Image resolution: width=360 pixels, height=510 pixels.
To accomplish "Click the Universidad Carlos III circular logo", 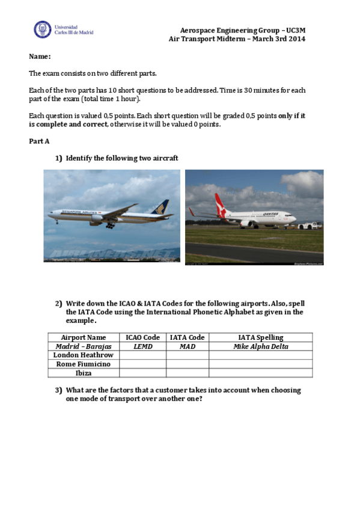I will (x=42, y=29).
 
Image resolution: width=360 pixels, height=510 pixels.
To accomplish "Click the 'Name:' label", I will (x=40, y=57).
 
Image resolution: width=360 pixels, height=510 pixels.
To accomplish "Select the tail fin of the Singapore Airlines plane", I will (x=160, y=208).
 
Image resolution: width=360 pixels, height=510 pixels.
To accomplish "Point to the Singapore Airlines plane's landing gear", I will (x=110, y=226).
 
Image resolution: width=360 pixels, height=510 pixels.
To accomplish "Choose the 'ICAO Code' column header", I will (x=142, y=337).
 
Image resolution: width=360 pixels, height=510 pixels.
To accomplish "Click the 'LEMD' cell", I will (x=142, y=346).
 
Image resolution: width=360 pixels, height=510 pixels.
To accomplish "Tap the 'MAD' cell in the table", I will (x=188, y=346).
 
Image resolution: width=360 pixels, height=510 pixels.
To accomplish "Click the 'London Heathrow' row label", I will (x=84, y=355).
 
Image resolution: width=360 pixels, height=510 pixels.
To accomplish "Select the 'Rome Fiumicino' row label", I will (x=84, y=364).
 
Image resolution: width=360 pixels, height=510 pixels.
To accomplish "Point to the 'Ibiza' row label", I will (x=84, y=373).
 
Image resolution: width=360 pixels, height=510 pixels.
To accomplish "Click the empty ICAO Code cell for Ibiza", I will (x=142, y=373).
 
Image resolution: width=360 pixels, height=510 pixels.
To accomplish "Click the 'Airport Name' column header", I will (x=84, y=337).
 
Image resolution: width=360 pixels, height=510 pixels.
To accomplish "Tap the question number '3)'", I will (x=59, y=390).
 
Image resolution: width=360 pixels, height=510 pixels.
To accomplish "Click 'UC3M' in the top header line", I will (x=296, y=30).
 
